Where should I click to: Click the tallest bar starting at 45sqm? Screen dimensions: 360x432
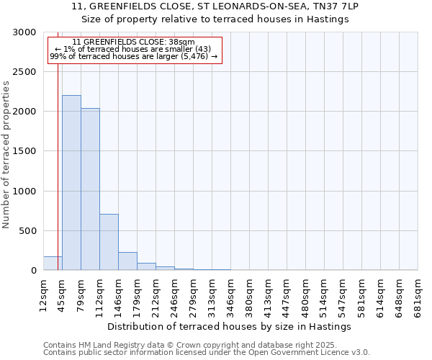point(71,183)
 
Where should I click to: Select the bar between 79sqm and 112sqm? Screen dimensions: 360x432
point(90,189)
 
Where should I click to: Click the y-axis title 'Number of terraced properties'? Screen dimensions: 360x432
point(6,154)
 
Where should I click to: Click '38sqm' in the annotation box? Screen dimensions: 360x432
point(181,42)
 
